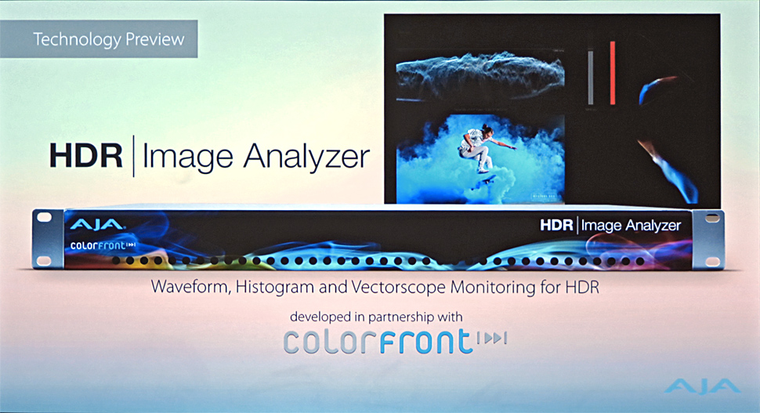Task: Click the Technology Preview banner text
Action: click(x=109, y=39)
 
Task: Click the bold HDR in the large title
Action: click(x=85, y=156)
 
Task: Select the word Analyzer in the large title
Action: click(x=306, y=158)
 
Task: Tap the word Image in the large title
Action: click(x=187, y=158)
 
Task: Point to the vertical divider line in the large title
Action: click(x=133, y=156)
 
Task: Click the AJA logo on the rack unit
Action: click(x=97, y=224)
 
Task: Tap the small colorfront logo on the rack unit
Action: click(x=103, y=245)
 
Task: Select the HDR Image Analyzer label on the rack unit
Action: click(x=610, y=226)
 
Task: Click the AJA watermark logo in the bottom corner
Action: click(x=702, y=386)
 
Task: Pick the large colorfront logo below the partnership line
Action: click(x=395, y=341)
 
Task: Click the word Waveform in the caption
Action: click(x=191, y=287)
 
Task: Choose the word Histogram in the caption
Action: click(x=275, y=288)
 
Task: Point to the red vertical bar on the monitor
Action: click(x=613, y=73)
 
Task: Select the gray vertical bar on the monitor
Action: click(x=590, y=77)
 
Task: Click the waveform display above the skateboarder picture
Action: click(x=480, y=75)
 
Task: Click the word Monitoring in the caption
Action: click(x=493, y=288)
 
